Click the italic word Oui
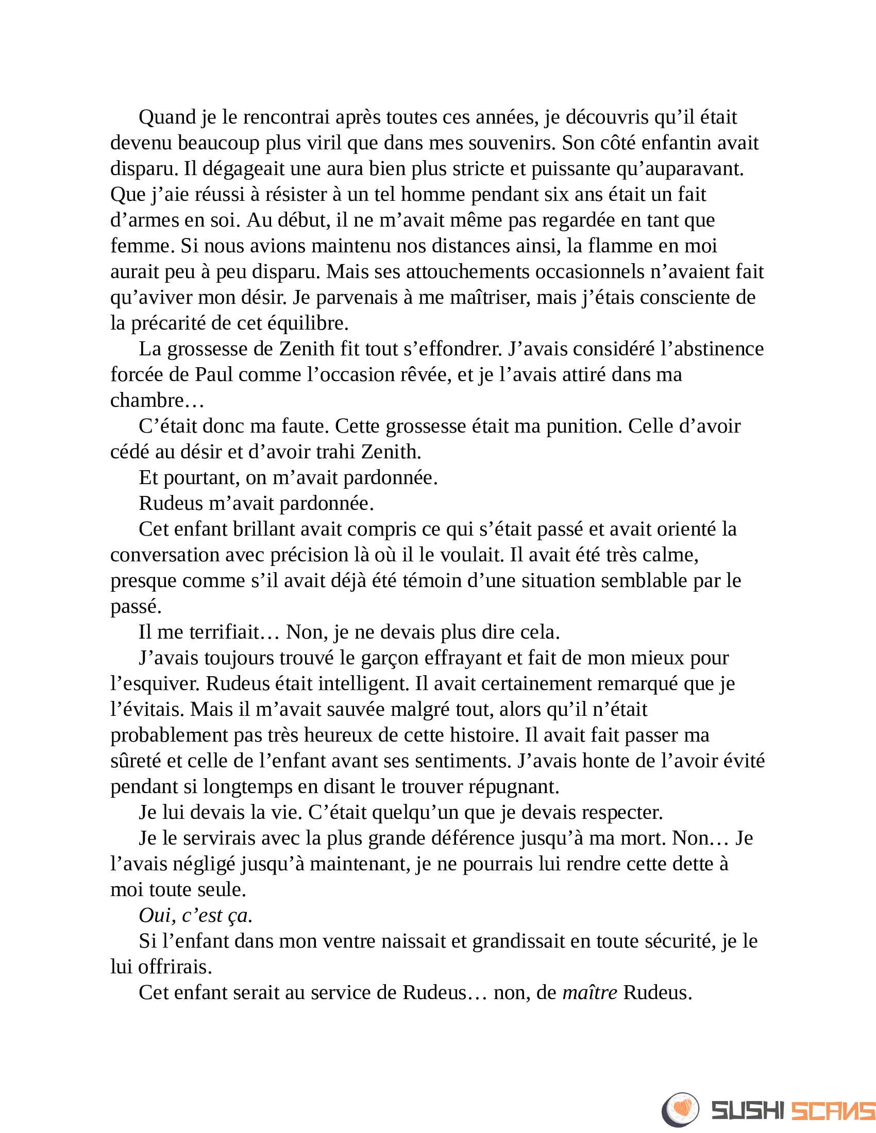155,915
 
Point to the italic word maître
590,992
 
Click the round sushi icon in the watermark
680,1110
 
